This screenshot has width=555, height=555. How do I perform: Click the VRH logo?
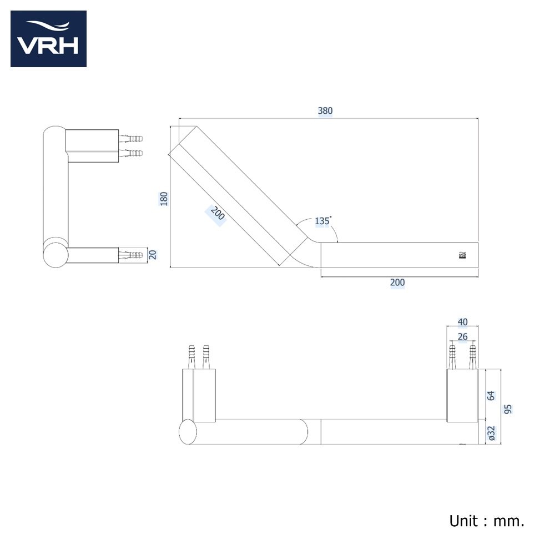pos(48,39)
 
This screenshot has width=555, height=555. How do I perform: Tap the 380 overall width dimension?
pos(325,110)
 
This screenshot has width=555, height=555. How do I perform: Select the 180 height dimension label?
pos(164,199)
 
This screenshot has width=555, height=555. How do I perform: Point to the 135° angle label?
pos(322,221)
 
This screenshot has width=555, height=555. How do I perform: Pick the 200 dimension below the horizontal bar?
pos(397,282)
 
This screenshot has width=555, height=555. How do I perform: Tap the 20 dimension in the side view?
pos(153,255)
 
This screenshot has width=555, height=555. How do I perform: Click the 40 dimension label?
pos(463,322)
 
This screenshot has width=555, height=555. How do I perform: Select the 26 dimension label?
pos(463,336)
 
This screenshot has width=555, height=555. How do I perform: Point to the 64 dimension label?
pos(491,395)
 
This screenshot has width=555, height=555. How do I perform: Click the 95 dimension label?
pos(508,409)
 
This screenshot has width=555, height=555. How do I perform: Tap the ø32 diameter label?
pos(491,433)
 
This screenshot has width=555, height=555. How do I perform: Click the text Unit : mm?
pos(487,521)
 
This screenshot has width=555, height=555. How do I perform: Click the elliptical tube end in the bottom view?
pos(188,432)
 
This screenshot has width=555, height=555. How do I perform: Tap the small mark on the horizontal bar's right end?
pos(461,255)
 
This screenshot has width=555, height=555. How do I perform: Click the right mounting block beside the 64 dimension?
pos(462,395)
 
